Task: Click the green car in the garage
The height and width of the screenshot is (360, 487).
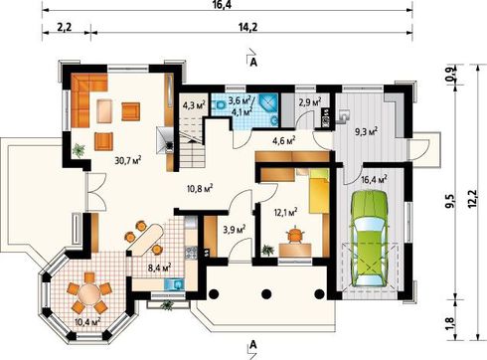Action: [x=369, y=239]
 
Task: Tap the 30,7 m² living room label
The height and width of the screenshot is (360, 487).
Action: [x=128, y=160]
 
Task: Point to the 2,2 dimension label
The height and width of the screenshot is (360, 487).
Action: [x=64, y=27]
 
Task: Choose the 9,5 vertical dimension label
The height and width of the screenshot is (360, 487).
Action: [x=451, y=201]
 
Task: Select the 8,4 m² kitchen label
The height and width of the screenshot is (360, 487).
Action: [x=159, y=266]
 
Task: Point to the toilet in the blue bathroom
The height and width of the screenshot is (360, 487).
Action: [x=220, y=105]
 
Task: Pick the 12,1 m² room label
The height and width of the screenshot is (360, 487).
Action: [x=284, y=211]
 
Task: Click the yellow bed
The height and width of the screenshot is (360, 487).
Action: [x=319, y=191]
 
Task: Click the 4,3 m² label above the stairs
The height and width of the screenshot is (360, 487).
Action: [x=194, y=105]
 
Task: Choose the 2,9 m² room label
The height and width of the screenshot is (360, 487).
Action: [x=310, y=102]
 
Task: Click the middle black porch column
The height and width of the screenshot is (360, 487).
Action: [x=266, y=294]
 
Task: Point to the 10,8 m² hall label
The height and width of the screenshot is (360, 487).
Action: [x=200, y=189]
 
